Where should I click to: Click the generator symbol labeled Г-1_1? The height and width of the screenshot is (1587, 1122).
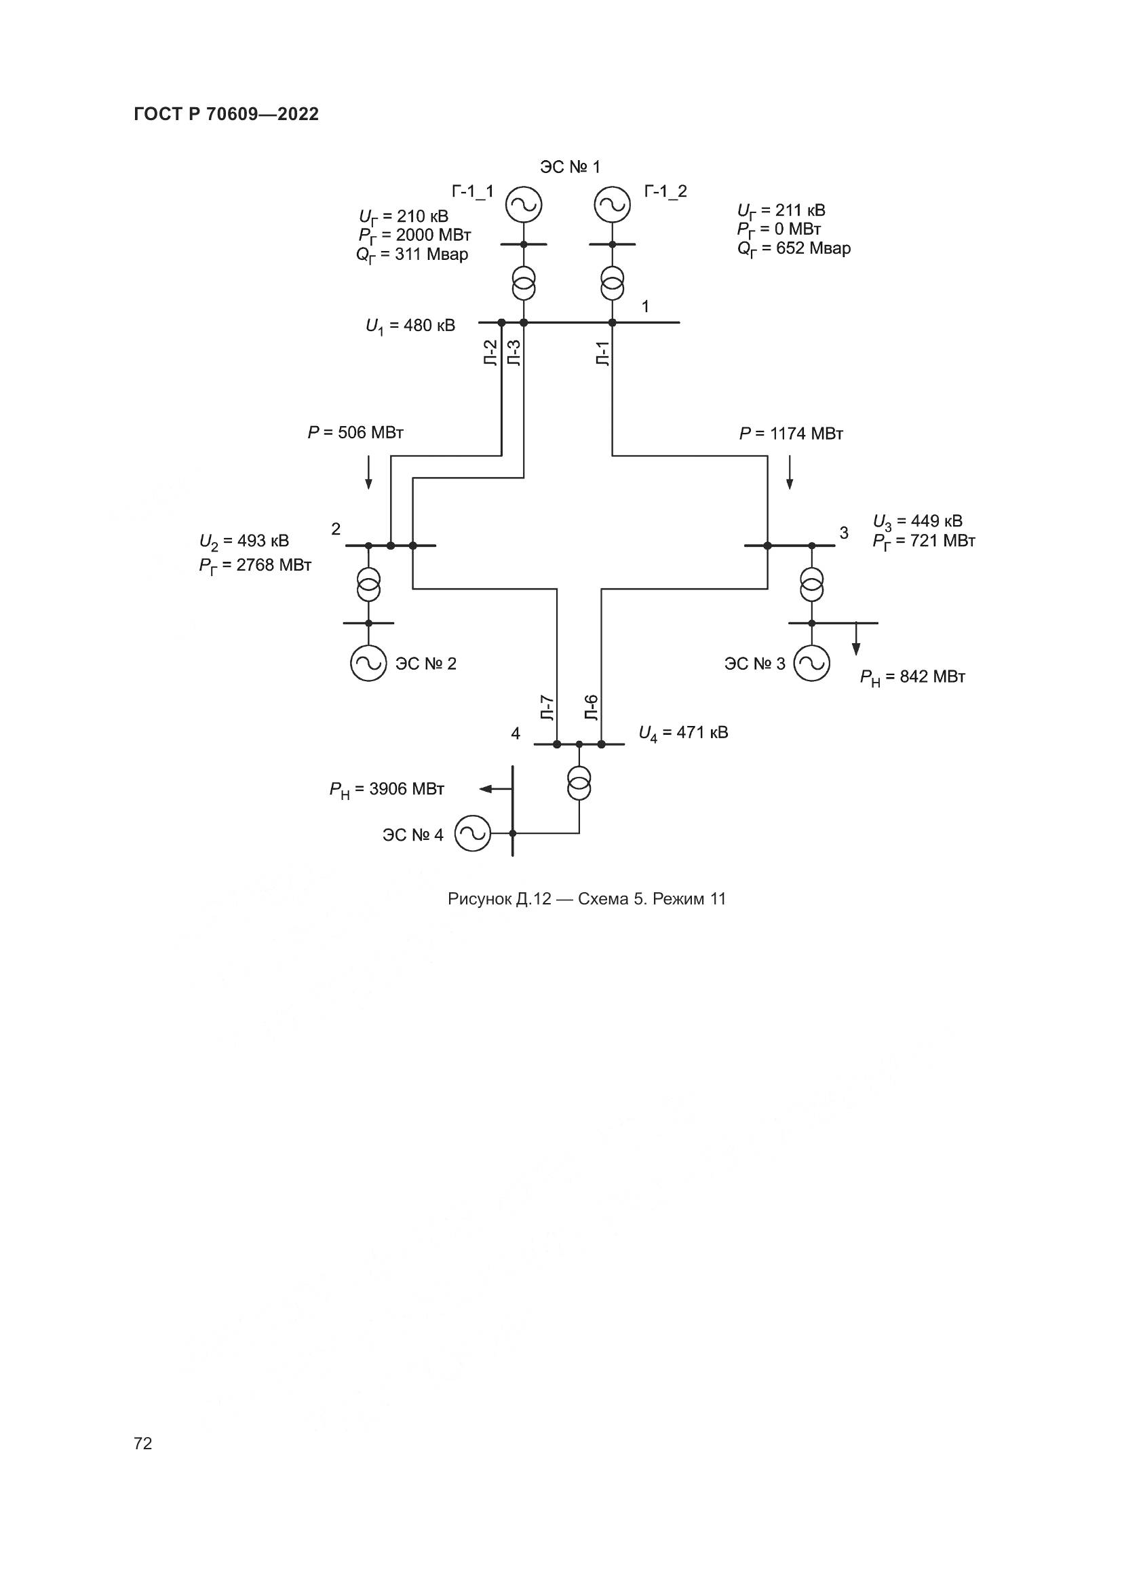click(523, 205)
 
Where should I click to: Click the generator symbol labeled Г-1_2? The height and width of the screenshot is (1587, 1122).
click(612, 205)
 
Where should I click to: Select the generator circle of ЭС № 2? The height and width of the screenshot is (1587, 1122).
click(368, 663)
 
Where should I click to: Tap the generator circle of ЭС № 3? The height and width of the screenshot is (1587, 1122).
click(812, 663)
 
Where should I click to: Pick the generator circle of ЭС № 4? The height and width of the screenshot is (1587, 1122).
click(473, 834)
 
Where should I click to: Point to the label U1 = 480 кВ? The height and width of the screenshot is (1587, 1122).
click(410, 326)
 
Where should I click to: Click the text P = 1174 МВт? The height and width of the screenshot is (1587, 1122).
click(791, 434)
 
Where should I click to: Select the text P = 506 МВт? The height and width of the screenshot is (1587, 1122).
click(355, 434)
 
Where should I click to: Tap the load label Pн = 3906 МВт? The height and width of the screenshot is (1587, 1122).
click(386, 789)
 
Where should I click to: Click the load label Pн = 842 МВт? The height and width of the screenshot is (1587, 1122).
click(912, 677)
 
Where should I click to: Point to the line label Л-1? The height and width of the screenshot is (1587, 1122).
click(603, 353)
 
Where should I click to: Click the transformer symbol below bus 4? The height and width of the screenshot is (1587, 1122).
click(579, 783)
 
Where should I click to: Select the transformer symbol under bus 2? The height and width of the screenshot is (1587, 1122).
click(368, 584)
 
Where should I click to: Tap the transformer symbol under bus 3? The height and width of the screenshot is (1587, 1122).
click(812, 584)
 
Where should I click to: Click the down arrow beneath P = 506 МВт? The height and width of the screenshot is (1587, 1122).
click(368, 473)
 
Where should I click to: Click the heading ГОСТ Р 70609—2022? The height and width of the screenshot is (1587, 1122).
click(226, 115)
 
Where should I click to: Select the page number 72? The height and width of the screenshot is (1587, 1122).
click(143, 1443)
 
